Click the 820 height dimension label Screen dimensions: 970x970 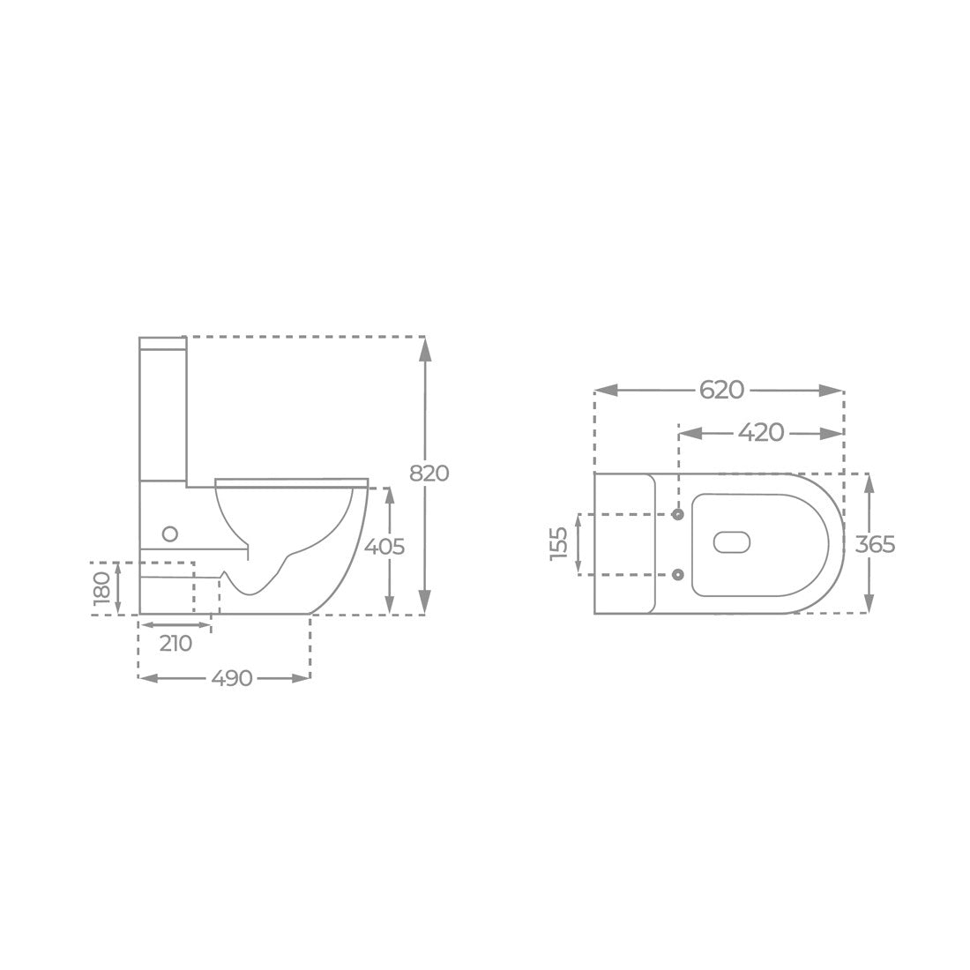pyautogui.click(x=429, y=474)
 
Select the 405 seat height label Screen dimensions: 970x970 pyautogui.click(x=384, y=547)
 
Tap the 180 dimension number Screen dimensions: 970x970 pyautogui.click(x=101, y=587)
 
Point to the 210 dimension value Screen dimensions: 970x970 pyautogui.click(x=175, y=644)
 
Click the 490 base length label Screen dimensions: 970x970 pyautogui.click(x=232, y=679)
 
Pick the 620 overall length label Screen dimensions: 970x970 pyautogui.click(x=722, y=391)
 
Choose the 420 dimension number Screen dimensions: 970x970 pyautogui.click(x=761, y=433)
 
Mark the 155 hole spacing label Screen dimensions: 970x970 pyautogui.click(x=559, y=544)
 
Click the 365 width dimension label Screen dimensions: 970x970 pyautogui.click(x=876, y=544)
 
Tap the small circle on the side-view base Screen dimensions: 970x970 pyautogui.click(x=169, y=533)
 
